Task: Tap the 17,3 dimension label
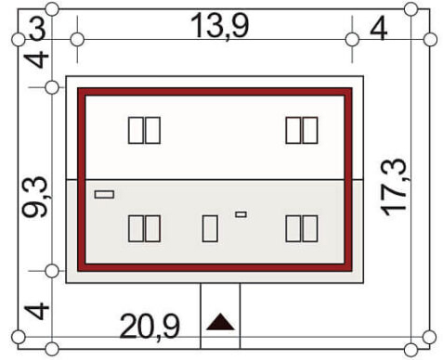tap(393, 187)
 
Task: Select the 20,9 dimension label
tap(150, 327)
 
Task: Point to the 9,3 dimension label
tap(35, 197)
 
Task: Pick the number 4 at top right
tap(379, 29)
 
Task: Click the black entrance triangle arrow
tap(220, 322)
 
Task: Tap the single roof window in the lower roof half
tap(210, 228)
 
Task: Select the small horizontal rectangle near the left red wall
tap(104, 195)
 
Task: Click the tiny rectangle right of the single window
tap(241, 214)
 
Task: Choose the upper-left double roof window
tap(144, 130)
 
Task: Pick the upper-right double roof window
tap(302, 130)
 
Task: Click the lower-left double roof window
tap(144, 228)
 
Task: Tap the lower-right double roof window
tap(302, 228)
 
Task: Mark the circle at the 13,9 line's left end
tap(77, 40)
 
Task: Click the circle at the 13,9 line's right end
tap(352, 40)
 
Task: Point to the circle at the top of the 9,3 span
tap(52, 88)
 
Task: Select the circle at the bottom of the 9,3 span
tap(52, 271)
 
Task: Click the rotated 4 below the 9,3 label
tap(36, 312)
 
